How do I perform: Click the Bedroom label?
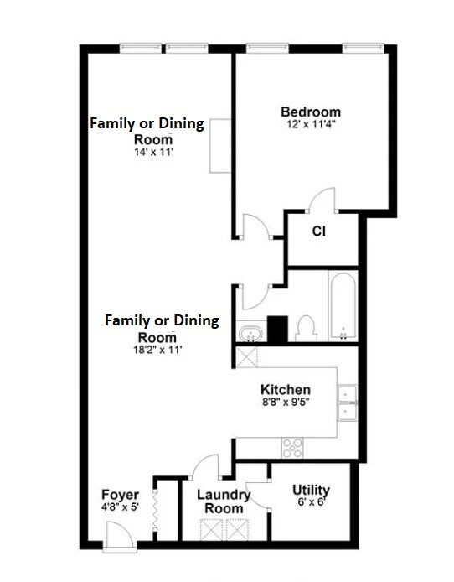[x=311, y=112]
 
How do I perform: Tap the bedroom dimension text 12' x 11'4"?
[x=311, y=124]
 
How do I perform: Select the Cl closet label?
[x=319, y=231]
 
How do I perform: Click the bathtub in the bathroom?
[x=343, y=306]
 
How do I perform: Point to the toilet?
[x=306, y=328]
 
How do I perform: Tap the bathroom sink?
[x=250, y=333]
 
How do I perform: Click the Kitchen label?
[x=286, y=390]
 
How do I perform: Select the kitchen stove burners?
[x=292, y=448]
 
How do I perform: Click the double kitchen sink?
[x=348, y=403]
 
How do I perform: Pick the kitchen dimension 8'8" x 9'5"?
[x=286, y=402]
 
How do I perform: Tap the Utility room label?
[x=311, y=490]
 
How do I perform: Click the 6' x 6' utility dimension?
[x=312, y=501]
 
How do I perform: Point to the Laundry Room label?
[x=224, y=501]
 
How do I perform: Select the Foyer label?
[x=120, y=495]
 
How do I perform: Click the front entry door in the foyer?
[x=120, y=533]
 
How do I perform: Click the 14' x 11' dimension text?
[x=154, y=152]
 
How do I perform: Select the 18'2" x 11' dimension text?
[x=157, y=350]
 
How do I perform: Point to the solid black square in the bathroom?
[x=277, y=329]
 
